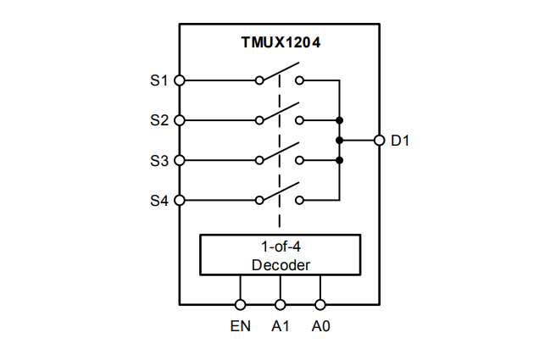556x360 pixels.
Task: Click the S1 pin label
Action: point(158,81)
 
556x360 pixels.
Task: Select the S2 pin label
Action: point(158,120)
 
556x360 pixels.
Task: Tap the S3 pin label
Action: point(158,160)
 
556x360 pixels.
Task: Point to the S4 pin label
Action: point(158,201)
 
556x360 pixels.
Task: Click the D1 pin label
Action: point(400,141)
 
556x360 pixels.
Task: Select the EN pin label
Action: point(241,326)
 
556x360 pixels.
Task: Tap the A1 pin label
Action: point(281,326)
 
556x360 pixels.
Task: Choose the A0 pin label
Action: point(320,326)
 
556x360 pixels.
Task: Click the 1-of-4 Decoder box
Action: point(281,255)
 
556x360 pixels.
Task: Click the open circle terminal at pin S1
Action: point(179,81)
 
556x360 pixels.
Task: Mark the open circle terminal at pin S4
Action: point(179,201)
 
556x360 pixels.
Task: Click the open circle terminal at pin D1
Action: point(379,140)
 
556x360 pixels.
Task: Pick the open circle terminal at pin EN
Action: point(241,304)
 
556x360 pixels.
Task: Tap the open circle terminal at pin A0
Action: point(320,304)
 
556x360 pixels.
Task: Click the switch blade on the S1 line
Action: point(280,74)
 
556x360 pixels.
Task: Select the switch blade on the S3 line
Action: point(280,152)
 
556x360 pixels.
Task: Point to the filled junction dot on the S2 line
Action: point(339,120)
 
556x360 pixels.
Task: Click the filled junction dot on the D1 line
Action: point(339,140)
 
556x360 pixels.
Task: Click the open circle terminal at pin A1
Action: point(281,304)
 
